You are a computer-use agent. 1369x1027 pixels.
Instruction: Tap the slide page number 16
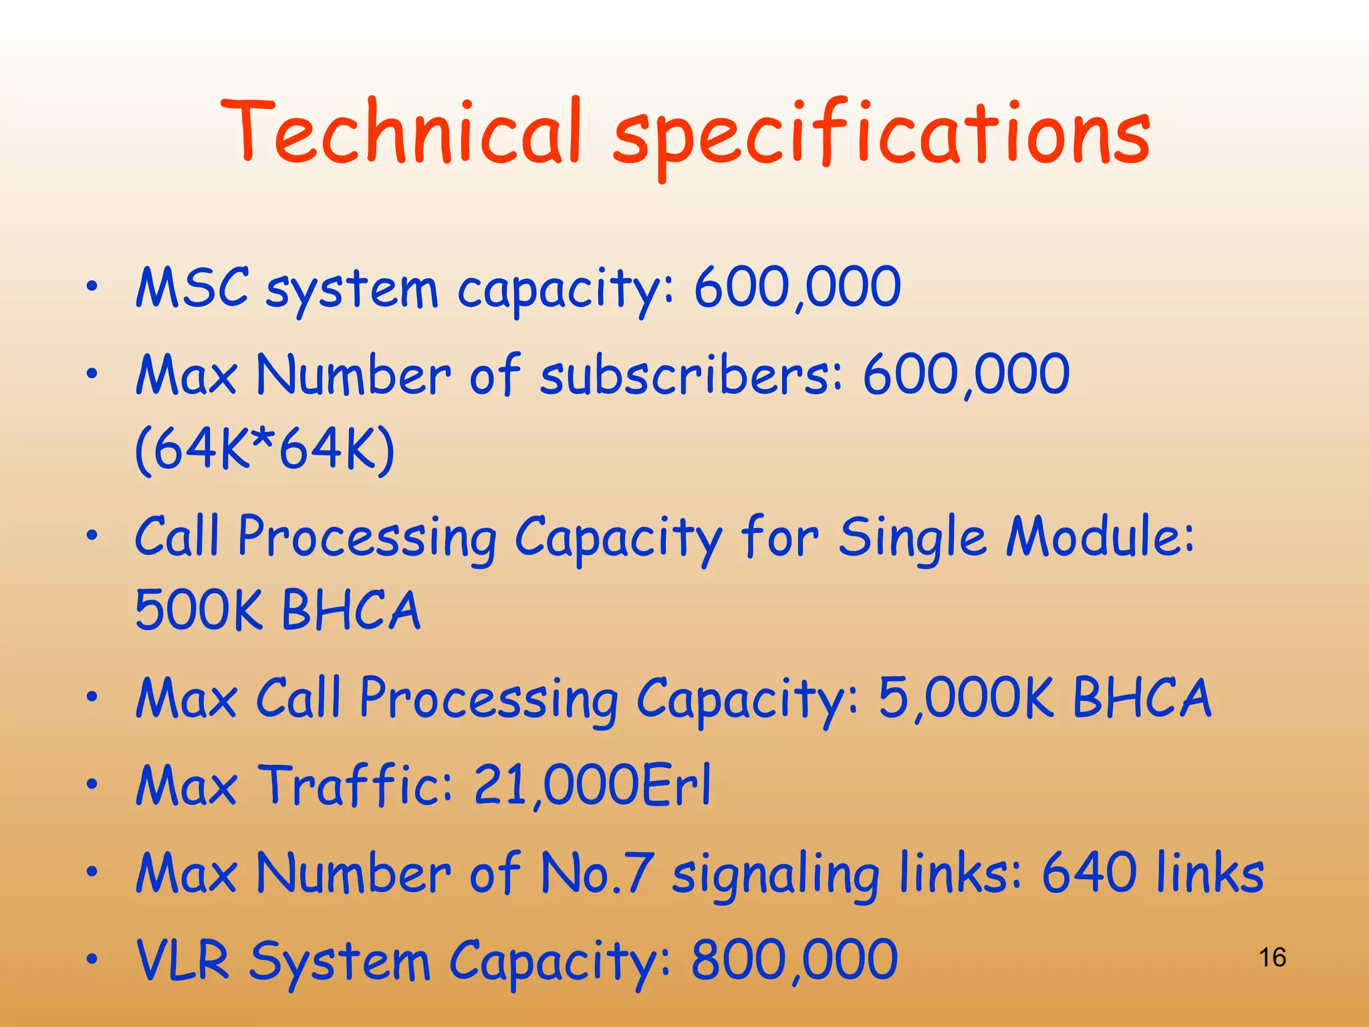coord(1272,957)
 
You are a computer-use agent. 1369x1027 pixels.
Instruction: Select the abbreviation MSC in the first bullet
coord(192,288)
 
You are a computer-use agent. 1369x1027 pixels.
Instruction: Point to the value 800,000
coord(793,960)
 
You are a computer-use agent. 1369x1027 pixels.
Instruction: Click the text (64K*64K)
coord(265,450)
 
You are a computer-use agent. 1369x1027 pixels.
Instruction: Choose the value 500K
coord(199,610)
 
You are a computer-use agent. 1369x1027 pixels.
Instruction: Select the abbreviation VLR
coord(182,960)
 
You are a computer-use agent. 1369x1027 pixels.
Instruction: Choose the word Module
coord(1100,537)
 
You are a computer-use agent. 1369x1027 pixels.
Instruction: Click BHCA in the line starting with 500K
coord(351,610)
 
